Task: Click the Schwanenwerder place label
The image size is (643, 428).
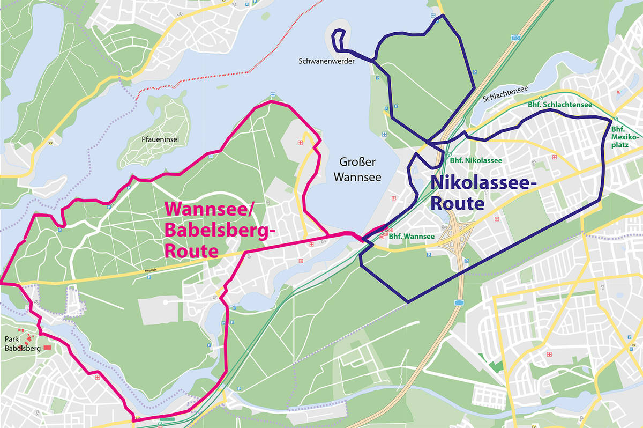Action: click(326, 62)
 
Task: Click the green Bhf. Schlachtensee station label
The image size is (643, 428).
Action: click(560, 105)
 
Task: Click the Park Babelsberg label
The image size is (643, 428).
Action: click(22, 344)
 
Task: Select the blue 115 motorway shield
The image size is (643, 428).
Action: click(515, 38)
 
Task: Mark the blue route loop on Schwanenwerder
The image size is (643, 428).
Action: click(339, 40)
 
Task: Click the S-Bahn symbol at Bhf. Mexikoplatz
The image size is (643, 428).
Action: click(616, 119)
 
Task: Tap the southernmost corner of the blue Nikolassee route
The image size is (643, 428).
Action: click(408, 302)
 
